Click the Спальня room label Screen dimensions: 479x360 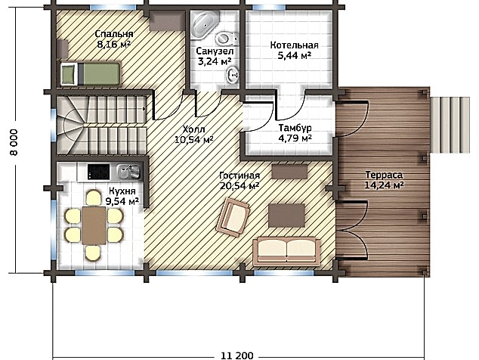point(113,33)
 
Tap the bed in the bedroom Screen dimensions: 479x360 point(91,73)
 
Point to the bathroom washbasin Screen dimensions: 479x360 point(233,75)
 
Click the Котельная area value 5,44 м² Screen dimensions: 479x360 point(294,56)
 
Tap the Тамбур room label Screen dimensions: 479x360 point(295,128)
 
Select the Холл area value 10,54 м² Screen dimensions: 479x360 point(193,140)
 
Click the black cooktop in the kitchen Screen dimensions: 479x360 point(98,172)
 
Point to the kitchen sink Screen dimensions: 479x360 point(128,171)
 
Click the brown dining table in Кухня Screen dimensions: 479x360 point(94,225)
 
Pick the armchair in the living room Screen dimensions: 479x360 point(233,217)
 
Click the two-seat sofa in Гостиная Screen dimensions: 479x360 point(286,251)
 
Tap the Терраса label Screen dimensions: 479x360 point(384,175)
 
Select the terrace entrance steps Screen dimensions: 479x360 point(450,125)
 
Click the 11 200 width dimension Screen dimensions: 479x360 point(236,355)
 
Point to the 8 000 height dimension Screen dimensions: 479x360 point(14,142)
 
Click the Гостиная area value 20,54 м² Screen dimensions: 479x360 point(239,185)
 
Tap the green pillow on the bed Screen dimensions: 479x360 point(68,73)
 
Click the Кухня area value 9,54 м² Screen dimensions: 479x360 point(122,201)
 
